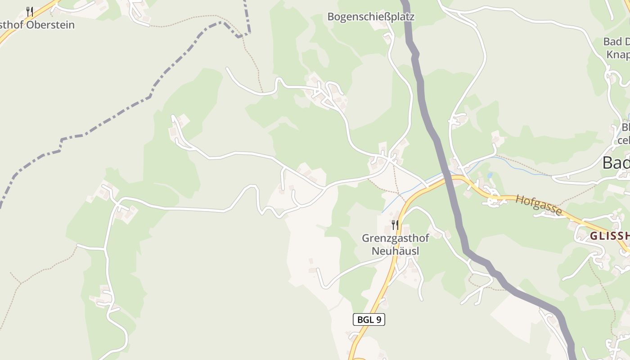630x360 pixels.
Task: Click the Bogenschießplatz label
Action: coord(370,17)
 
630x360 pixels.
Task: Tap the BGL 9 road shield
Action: coord(369,319)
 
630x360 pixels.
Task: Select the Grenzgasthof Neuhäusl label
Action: coord(395,244)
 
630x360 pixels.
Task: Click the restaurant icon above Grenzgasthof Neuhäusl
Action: coord(395,225)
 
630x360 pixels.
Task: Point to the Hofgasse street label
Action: coord(539,205)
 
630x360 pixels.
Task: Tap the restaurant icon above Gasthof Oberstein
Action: coord(30,11)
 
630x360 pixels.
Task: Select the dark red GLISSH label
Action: coord(609,236)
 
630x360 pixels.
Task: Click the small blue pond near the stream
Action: coord(490,175)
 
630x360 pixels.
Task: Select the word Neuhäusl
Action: coord(395,251)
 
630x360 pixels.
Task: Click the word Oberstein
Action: coord(50,25)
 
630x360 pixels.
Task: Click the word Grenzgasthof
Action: coord(395,238)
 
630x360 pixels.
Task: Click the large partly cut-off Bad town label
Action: coord(616,163)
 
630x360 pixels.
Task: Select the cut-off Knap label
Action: coord(618,54)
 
